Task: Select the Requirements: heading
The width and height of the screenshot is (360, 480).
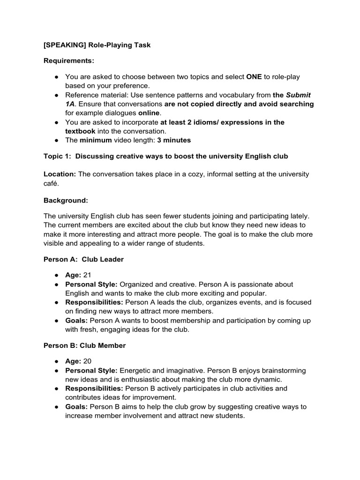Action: pyautogui.click(x=69, y=60)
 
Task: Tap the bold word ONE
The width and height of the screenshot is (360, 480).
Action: pyautogui.click(x=254, y=76)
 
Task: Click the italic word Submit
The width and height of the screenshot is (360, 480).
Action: pyautogui.click(x=299, y=95)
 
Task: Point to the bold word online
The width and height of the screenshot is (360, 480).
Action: pyautogui.click(x=149, y=113)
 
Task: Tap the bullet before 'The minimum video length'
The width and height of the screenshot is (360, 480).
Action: pyautogui.click(x=56, y=140)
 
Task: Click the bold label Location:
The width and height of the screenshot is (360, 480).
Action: pyautogui.click(x=60, y=174)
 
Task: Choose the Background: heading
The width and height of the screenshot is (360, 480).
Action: pyautogui.click(x=66, y=201)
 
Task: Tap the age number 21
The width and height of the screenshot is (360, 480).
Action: pyautogui.click(x=87, y=275)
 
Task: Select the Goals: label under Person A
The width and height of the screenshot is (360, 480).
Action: pyautogui.click(x=76, y=321)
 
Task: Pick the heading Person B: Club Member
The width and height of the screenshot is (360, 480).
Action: pyautogui.click(x=84, y=345)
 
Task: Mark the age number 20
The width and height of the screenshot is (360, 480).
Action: pyautogui.click(x=87, y=361)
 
